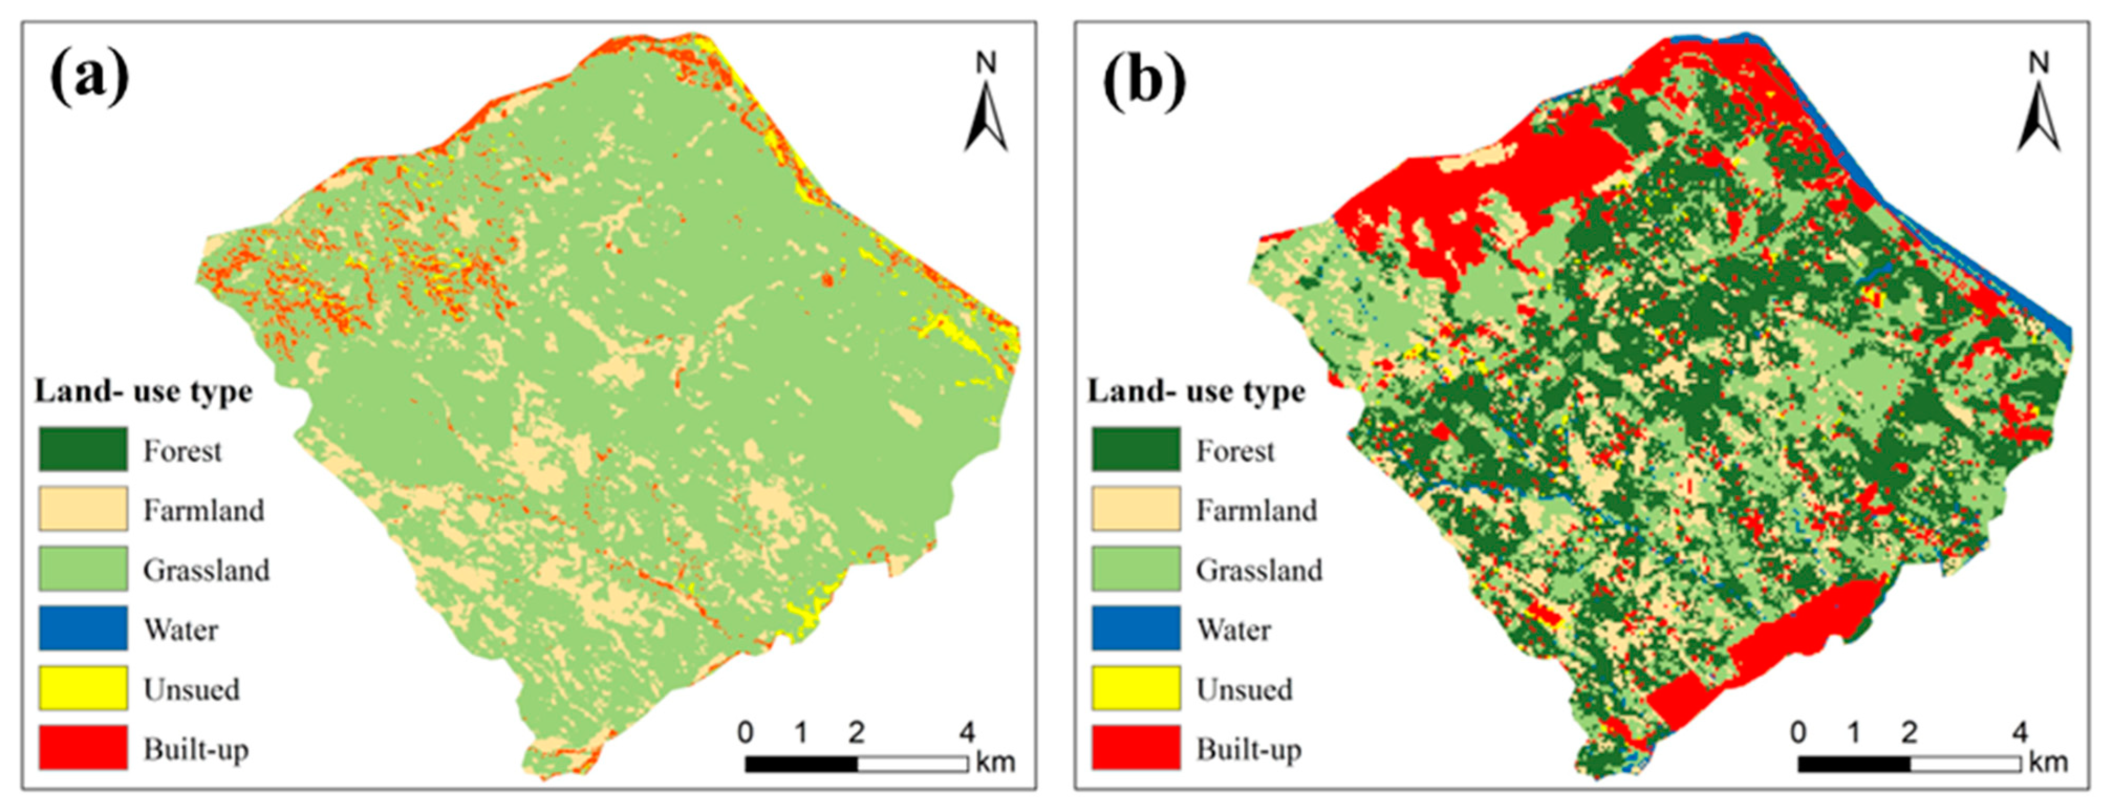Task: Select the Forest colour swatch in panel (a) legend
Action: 82,449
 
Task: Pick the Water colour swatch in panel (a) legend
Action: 82,628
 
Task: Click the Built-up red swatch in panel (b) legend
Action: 1136,747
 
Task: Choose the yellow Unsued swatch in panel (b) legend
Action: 1136,688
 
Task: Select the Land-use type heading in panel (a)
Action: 143,392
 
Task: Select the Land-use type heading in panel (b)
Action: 1196,392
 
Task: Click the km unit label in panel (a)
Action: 995,763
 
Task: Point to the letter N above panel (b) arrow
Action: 2039,63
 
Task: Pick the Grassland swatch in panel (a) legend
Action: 82,569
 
